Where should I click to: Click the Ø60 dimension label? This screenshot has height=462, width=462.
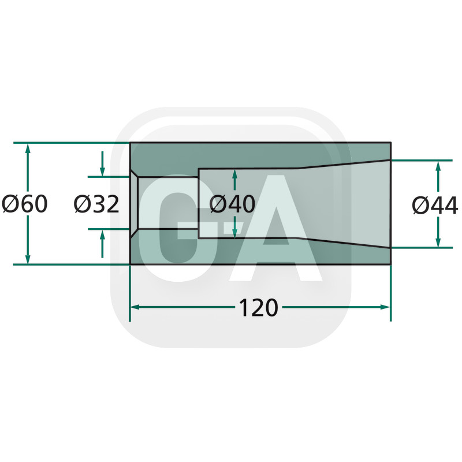[x=24, y=204]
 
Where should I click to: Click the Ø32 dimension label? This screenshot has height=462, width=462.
[x=96, y=204]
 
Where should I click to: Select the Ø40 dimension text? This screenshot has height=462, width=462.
[x=232, y=204]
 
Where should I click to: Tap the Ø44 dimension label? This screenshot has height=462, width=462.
[x=435, y=205]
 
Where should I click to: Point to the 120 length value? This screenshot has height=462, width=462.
[x=258, y=308]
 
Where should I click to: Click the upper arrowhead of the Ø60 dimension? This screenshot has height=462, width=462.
[x=28, y=148]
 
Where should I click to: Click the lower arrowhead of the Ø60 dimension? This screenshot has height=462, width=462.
[x=28, y=259]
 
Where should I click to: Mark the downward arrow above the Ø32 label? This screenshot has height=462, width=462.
[x=102, y=164]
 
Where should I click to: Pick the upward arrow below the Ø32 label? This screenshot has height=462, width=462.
[x=102, y=244]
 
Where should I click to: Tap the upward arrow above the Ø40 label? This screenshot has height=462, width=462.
[x=234, y=180]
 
